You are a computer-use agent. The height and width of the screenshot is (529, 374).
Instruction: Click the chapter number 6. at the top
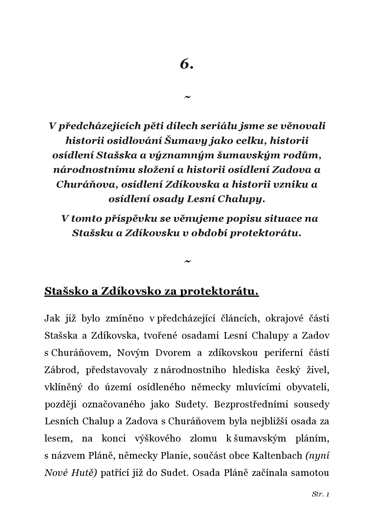pyautogui.click(x=187, y=64)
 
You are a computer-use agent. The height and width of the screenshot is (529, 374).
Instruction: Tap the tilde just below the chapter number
pyautogui.click(x=187, y=97)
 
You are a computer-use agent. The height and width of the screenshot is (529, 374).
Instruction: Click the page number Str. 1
pyautogui.click(x=320, y=494)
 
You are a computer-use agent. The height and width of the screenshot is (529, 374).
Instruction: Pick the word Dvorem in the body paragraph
pyautogui.click(x=173, y=353)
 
